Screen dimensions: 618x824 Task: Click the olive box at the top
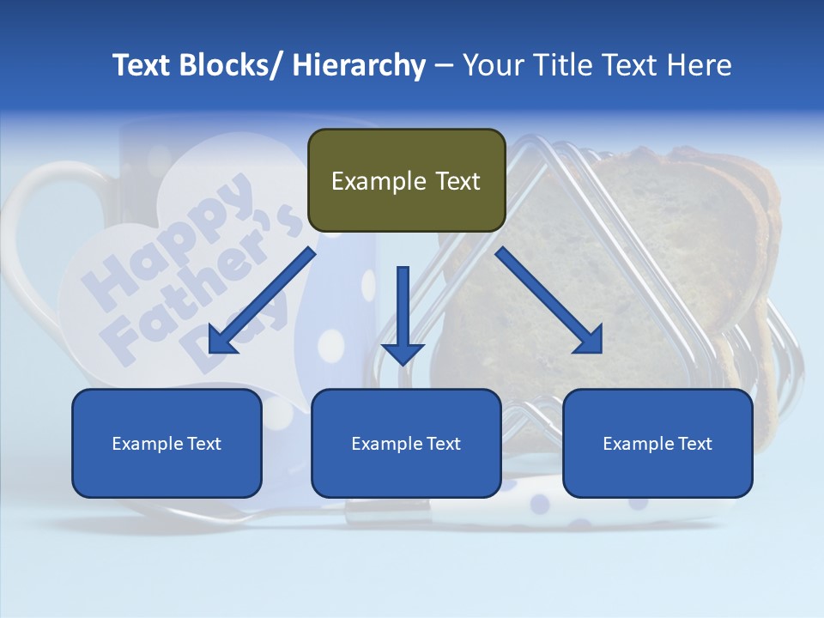tap(406, 180)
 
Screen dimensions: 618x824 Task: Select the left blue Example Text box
tap(167, 443)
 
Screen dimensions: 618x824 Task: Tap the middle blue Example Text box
tap(406, 443)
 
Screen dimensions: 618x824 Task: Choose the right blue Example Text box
tap(657, 443)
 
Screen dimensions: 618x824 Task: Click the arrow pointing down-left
tap(262, 300)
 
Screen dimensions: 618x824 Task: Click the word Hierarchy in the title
tap(359, 65)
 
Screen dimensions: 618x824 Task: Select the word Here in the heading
tap(700, 65)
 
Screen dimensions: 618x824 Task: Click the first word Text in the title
tap(142, 65)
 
